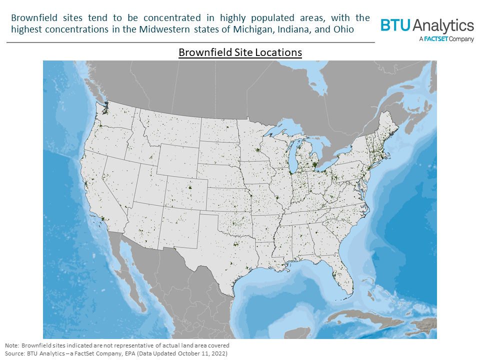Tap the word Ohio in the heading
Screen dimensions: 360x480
[344, 29]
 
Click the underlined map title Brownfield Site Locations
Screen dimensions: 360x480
[240, 52]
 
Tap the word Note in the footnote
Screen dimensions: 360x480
[11, 345]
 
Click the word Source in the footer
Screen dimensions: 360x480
[14, 353]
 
